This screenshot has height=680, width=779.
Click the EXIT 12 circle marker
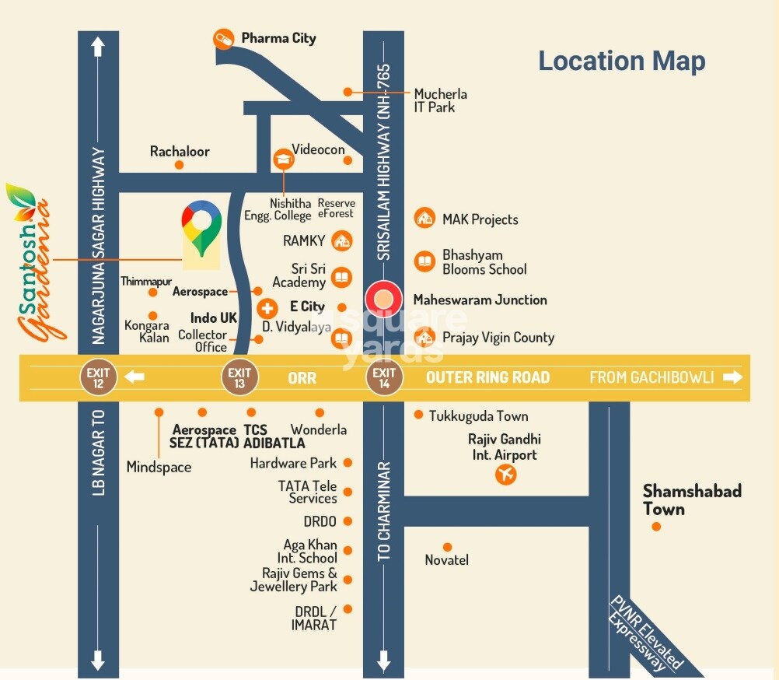99,377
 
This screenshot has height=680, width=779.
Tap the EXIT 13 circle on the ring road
239,377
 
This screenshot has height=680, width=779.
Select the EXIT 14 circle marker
384,377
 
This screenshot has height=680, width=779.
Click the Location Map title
622,61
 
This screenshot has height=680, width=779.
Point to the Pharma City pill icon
224,38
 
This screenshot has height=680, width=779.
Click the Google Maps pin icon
201,228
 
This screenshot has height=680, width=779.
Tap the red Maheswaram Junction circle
383,300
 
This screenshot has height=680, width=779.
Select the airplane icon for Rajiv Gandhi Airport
506,474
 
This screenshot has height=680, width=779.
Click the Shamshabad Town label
681,500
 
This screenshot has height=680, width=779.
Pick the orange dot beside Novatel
447,547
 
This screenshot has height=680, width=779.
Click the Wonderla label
319,429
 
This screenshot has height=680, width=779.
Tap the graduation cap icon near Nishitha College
281,159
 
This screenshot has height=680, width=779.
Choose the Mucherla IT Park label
440,100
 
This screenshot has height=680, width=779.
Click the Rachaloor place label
180,152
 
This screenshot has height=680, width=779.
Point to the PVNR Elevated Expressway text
643,633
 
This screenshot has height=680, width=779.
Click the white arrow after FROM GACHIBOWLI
732,377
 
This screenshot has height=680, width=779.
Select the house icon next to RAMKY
341,240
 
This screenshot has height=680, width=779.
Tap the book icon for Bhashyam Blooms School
424,261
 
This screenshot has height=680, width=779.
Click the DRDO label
320,521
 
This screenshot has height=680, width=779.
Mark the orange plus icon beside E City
267,307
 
